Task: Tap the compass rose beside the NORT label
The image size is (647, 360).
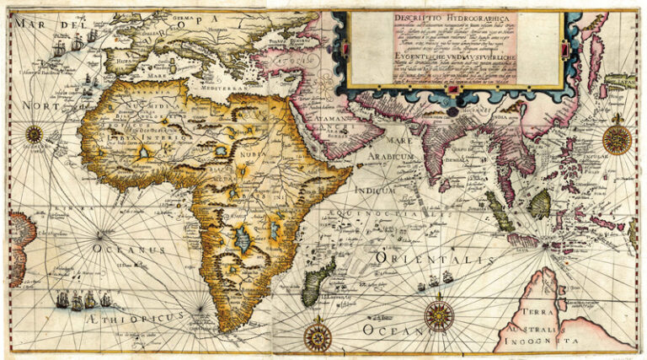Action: [35, 132]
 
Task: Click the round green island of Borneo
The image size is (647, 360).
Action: [542, 202]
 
